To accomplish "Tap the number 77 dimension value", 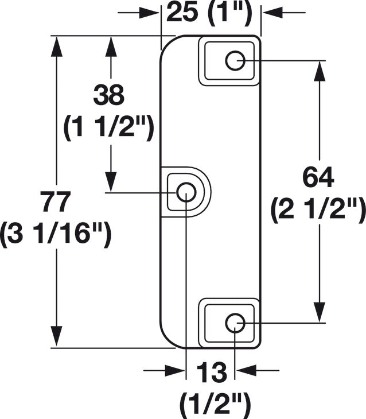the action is pos(56,201).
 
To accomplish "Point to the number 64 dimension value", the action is pos(318,177).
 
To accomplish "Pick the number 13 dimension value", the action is pos(212,373).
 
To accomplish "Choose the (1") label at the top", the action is pos(229,13).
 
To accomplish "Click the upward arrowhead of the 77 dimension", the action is pos(56,46).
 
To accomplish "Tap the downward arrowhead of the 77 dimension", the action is pos(56,336).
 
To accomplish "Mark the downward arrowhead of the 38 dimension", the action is pos(111,182).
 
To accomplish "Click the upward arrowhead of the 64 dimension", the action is pos(320,71).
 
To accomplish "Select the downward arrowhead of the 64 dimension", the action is pos(320,312).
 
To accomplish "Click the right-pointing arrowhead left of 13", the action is pos(175,370).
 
